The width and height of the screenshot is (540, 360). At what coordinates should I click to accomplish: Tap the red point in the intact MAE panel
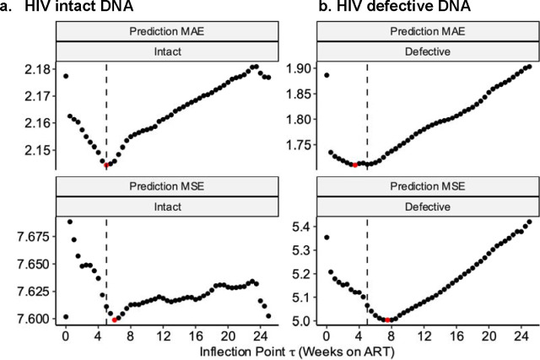pos(106,165)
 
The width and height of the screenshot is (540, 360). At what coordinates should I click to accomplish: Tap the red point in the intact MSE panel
pos(115,320)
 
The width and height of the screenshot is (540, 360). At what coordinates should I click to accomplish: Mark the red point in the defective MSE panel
pos(387,320)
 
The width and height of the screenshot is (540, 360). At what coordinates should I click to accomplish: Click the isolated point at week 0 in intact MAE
pos(66,77)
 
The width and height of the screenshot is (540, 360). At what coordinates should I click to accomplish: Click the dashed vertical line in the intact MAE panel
pos(106,110)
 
